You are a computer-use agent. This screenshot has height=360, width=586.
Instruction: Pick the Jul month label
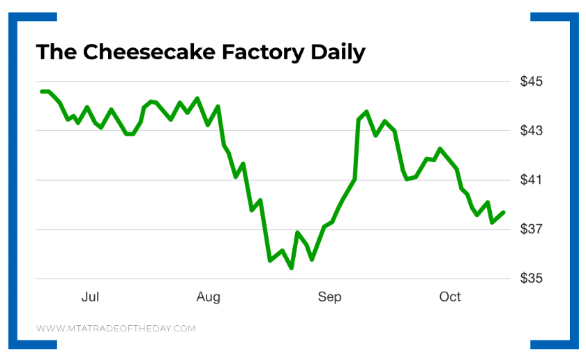(x=90, y=297)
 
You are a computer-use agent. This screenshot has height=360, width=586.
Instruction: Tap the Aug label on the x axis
(x=209, y=297)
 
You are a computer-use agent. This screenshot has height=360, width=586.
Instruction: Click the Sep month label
(x=329, y=297)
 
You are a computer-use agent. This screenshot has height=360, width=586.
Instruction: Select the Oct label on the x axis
(x=450, y=297)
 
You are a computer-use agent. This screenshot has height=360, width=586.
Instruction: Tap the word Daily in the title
(x=341, y=52)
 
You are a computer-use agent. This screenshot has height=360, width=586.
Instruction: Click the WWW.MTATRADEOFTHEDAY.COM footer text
(x=116, y=328)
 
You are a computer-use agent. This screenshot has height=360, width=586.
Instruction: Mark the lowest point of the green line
(x=291, y=268)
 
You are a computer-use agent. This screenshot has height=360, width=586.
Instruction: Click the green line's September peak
(x=366, y=112)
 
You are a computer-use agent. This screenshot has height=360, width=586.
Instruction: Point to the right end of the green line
(x=504, y=212)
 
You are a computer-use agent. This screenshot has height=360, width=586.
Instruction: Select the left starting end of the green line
(x=42, y=91)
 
